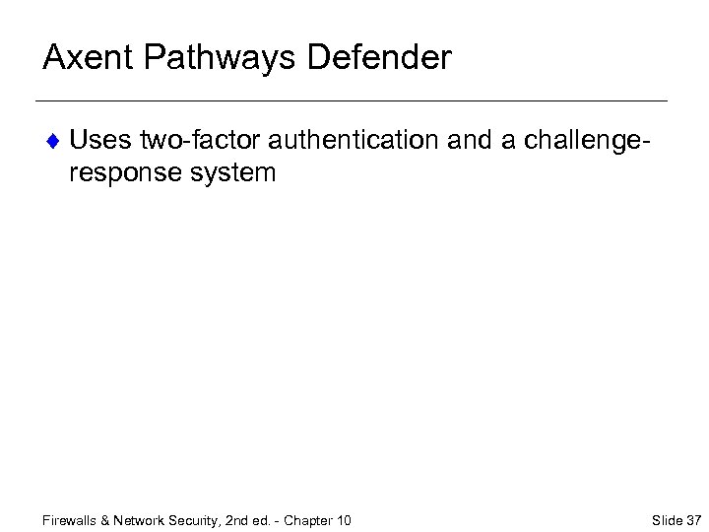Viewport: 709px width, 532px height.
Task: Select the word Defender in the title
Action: coord(379,57)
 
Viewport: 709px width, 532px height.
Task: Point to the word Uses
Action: coord(100,141)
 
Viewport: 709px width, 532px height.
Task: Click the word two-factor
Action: coord(199,141)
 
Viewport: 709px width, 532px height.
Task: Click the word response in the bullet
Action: coord(124,174)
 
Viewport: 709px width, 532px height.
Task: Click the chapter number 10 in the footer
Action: coord(344,520)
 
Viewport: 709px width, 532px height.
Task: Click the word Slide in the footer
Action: coord(667,520)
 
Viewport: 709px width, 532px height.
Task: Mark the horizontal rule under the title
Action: coord(351,101)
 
